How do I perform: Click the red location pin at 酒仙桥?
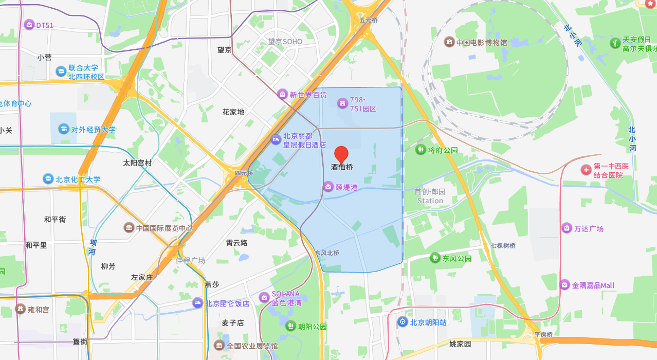(x=341, y=154)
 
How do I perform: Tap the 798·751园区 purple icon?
(x=342, y=104)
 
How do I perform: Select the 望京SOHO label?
(x=285, y=41)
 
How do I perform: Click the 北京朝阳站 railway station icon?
(x=403, y=322)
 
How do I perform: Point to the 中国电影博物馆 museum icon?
(x=449, y=42)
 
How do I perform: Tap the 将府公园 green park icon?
(x=421, y=150)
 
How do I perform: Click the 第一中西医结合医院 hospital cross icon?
(x=586, y=170)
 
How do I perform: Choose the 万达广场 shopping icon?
(x=567, y=228)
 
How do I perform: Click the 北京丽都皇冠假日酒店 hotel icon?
(x=276, y=139)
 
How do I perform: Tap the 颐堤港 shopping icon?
(x=328, y=187)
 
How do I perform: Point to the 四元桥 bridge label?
(x=244, y=173)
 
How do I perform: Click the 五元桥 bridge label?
(x=369, y=21)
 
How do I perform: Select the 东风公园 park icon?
(x=435, y=258)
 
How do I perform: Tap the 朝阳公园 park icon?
(x=290, y=326)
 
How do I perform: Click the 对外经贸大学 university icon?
(x=64, y=129)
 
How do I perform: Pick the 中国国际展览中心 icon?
(x=129, y=227)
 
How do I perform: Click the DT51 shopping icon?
(x=29, y=25)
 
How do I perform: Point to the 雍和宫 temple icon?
(x=20, y=309)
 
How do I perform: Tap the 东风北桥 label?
(x=327, y=253)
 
